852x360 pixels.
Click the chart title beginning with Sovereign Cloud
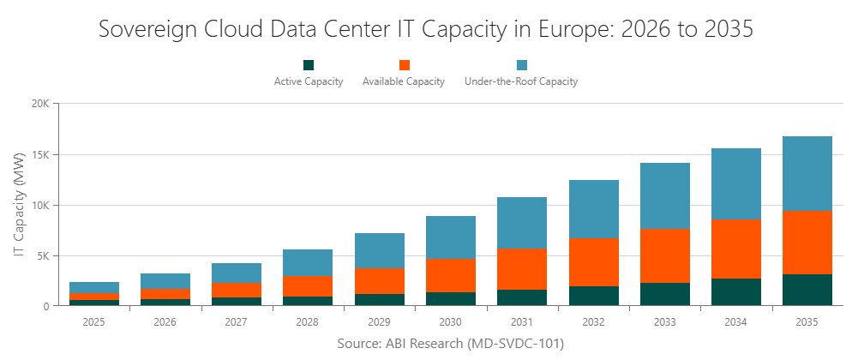[x=426, y=29]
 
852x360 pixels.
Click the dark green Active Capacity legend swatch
[x=309, y=65]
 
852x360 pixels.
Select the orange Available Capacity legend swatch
[x=404, y=65]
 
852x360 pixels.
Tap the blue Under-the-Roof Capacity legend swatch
[x=521, y=65]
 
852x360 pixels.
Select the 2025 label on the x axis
[x=94, y=322]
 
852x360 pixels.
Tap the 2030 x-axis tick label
[x=451, y=322]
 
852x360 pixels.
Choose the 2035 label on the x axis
[x=807, y=322]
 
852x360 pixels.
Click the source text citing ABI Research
[x=450, y=343]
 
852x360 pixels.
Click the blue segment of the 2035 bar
[x=807, y=173]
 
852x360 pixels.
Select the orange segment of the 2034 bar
[x=735, y=249]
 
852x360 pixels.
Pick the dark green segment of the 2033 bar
[x=664, y=294]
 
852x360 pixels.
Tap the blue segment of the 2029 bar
[x=380, y=250]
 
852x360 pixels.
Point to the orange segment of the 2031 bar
[x=522, y=268]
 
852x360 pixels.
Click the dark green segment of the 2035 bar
[x=807, y=290]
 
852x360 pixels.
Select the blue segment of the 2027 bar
[x=237, y=273]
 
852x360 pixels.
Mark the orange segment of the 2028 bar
[x=309, y=285]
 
